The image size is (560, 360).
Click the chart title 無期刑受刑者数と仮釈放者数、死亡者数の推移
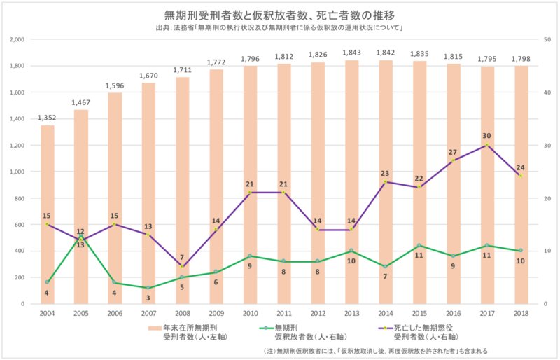tap(280, 14)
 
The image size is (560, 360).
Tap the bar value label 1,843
tap(351, 53)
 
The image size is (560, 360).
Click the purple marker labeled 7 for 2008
tap(183, 266)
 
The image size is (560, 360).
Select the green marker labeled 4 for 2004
tap(48, 282)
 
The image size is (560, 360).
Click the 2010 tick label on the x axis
tap(250, 314)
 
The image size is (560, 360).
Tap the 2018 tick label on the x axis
tap(520, 314)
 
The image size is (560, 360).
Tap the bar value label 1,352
tap(48, 118)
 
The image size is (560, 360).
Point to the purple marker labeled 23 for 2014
tap(385, 182)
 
